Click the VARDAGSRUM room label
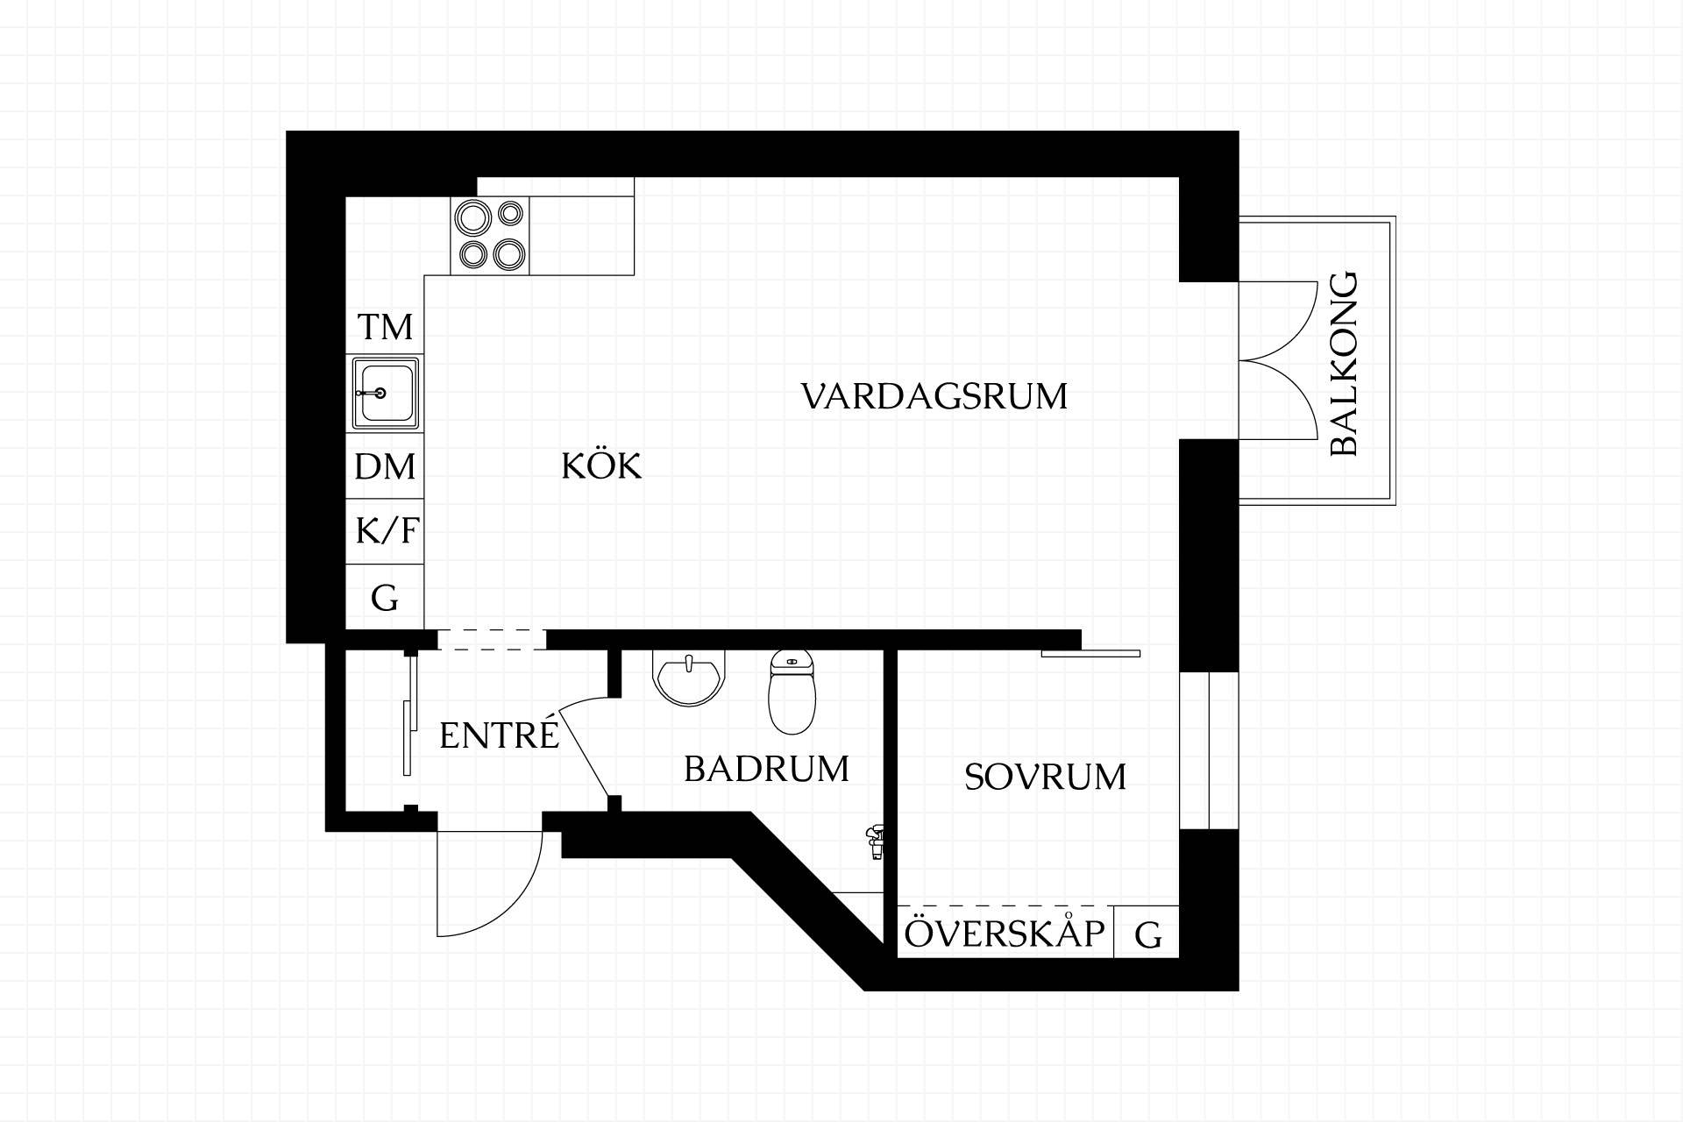point(934,396)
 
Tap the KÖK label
point(601,466)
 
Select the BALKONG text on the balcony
point(1344,364)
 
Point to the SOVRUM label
point(1045,778)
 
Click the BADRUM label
point(766,770)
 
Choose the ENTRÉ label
point(499,735)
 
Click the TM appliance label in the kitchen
point(385,328)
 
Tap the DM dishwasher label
point(385,467)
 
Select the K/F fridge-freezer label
point(387,531)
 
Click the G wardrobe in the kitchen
point(385,599)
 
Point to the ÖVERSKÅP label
point(1005,934)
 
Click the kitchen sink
point(385,393)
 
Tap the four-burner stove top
point(491,235)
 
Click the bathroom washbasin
point(690,678)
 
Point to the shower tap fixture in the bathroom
point(874,840)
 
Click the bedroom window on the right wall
point(1209,750)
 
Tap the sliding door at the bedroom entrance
point(1090,653)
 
